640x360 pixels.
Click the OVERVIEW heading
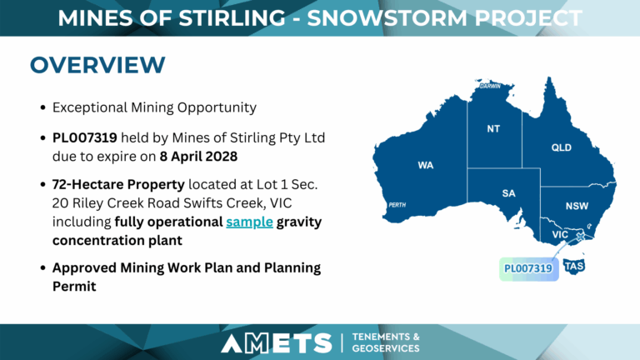(97, 65)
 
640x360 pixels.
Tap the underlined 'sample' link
(249, 222)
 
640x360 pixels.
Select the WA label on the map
(425, 165)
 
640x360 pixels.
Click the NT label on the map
(493, 129)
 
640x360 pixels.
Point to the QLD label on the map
(561, 147)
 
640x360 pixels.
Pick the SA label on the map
(508, 193)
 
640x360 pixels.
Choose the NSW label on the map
(577, 206)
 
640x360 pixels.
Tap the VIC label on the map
(560, 235)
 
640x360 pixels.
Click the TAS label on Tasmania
(574, 267)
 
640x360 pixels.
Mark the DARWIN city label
(490, 86)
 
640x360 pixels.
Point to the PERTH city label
(397, 205)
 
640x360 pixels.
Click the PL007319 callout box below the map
(529, 269)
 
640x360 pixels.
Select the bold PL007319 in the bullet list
(84, 138)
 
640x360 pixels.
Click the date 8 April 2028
(198, 157)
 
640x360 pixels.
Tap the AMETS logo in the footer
(277, 342)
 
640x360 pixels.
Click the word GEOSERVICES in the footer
(386, 348)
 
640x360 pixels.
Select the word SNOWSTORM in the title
(387, 18)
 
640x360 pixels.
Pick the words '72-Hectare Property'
(118, 184)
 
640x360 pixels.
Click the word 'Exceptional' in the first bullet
(90, 107)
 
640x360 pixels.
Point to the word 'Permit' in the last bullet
(74, 287)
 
